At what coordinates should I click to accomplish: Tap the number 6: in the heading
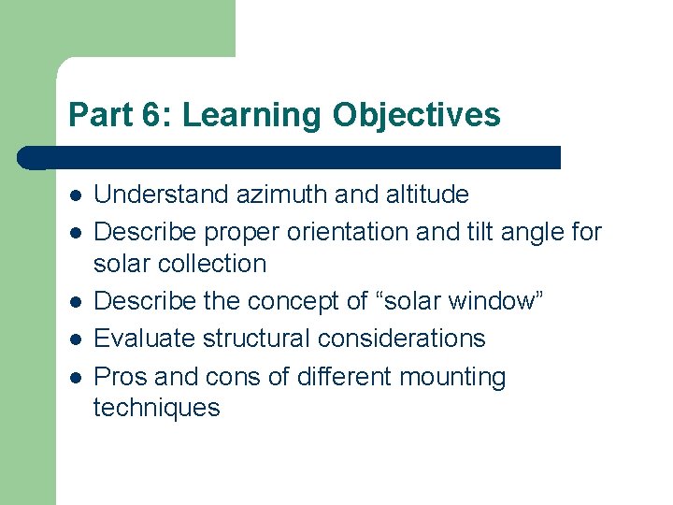pyautogui.click(x=156, y=115)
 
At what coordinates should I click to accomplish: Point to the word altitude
pyautogui.click(x=427, y=195)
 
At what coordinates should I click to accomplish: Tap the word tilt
pyautogui.click(x=485, y=231)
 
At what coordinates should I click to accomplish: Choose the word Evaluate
pyautogui.click(x=139, y=338)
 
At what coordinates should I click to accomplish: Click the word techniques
pyautogui.click(x=156, y=408)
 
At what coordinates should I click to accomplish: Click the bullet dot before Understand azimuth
pyautogui.click(x=74, y=195)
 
